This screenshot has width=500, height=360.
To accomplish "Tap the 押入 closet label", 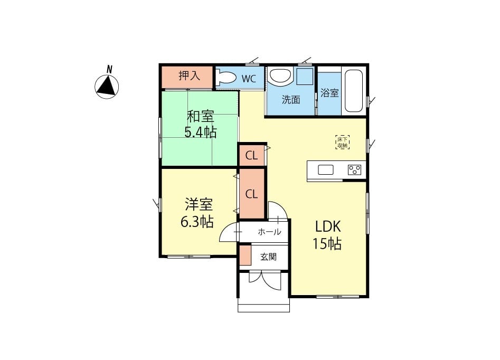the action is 190,76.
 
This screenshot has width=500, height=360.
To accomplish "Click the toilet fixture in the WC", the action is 225,77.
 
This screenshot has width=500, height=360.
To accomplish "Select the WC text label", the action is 249,79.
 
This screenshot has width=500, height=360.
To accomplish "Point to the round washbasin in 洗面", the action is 280,75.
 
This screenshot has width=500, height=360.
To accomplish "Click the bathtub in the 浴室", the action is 354,91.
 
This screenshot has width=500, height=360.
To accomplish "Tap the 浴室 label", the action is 329,93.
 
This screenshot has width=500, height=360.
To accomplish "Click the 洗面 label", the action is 291,100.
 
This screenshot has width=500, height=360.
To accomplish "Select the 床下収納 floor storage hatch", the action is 343,142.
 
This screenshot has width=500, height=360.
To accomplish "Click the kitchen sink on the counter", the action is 326,169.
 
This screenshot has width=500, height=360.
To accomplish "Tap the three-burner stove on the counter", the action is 355,169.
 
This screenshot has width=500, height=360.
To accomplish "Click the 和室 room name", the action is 200,116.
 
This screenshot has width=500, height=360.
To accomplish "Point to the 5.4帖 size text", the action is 200,131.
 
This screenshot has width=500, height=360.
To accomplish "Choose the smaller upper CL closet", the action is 252,155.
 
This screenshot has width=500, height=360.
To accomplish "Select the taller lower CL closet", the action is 252,194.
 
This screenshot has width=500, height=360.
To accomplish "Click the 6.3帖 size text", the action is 197,222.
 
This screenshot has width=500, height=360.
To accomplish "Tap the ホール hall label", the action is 269,232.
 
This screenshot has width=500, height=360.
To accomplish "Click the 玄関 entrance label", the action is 268,257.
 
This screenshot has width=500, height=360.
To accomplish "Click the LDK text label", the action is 328,226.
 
